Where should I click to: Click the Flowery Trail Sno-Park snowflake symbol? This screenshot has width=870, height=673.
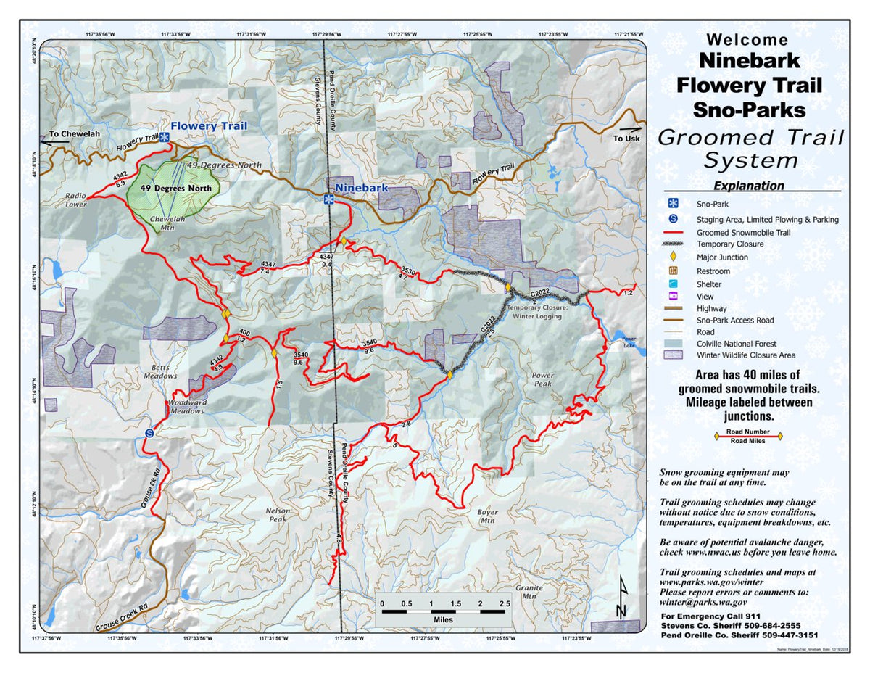[x=165, y=137]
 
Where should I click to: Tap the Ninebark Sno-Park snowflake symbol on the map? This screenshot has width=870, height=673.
[x=328, y=199]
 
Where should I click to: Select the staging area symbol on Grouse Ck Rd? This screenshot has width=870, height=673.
[x=149, y=432]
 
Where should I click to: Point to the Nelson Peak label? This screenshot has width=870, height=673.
[x=278, y=515]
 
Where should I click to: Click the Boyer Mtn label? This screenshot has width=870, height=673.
[x=487, y=516]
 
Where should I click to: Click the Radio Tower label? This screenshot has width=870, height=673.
[x=76, y=200]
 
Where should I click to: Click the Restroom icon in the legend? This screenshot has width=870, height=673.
[x=673, y=271]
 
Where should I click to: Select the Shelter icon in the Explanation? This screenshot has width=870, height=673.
[x=673, y=284]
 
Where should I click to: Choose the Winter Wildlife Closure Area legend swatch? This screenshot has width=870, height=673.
[x=673, y=355]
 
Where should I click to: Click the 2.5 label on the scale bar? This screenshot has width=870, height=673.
[x=505, y=603]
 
